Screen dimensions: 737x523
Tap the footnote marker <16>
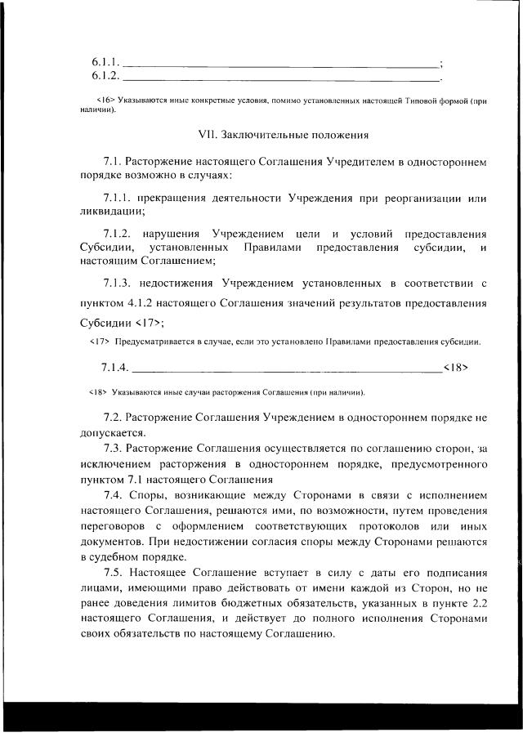105,100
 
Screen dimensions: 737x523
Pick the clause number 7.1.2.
119,234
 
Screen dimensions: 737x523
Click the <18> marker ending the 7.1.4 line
455,367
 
